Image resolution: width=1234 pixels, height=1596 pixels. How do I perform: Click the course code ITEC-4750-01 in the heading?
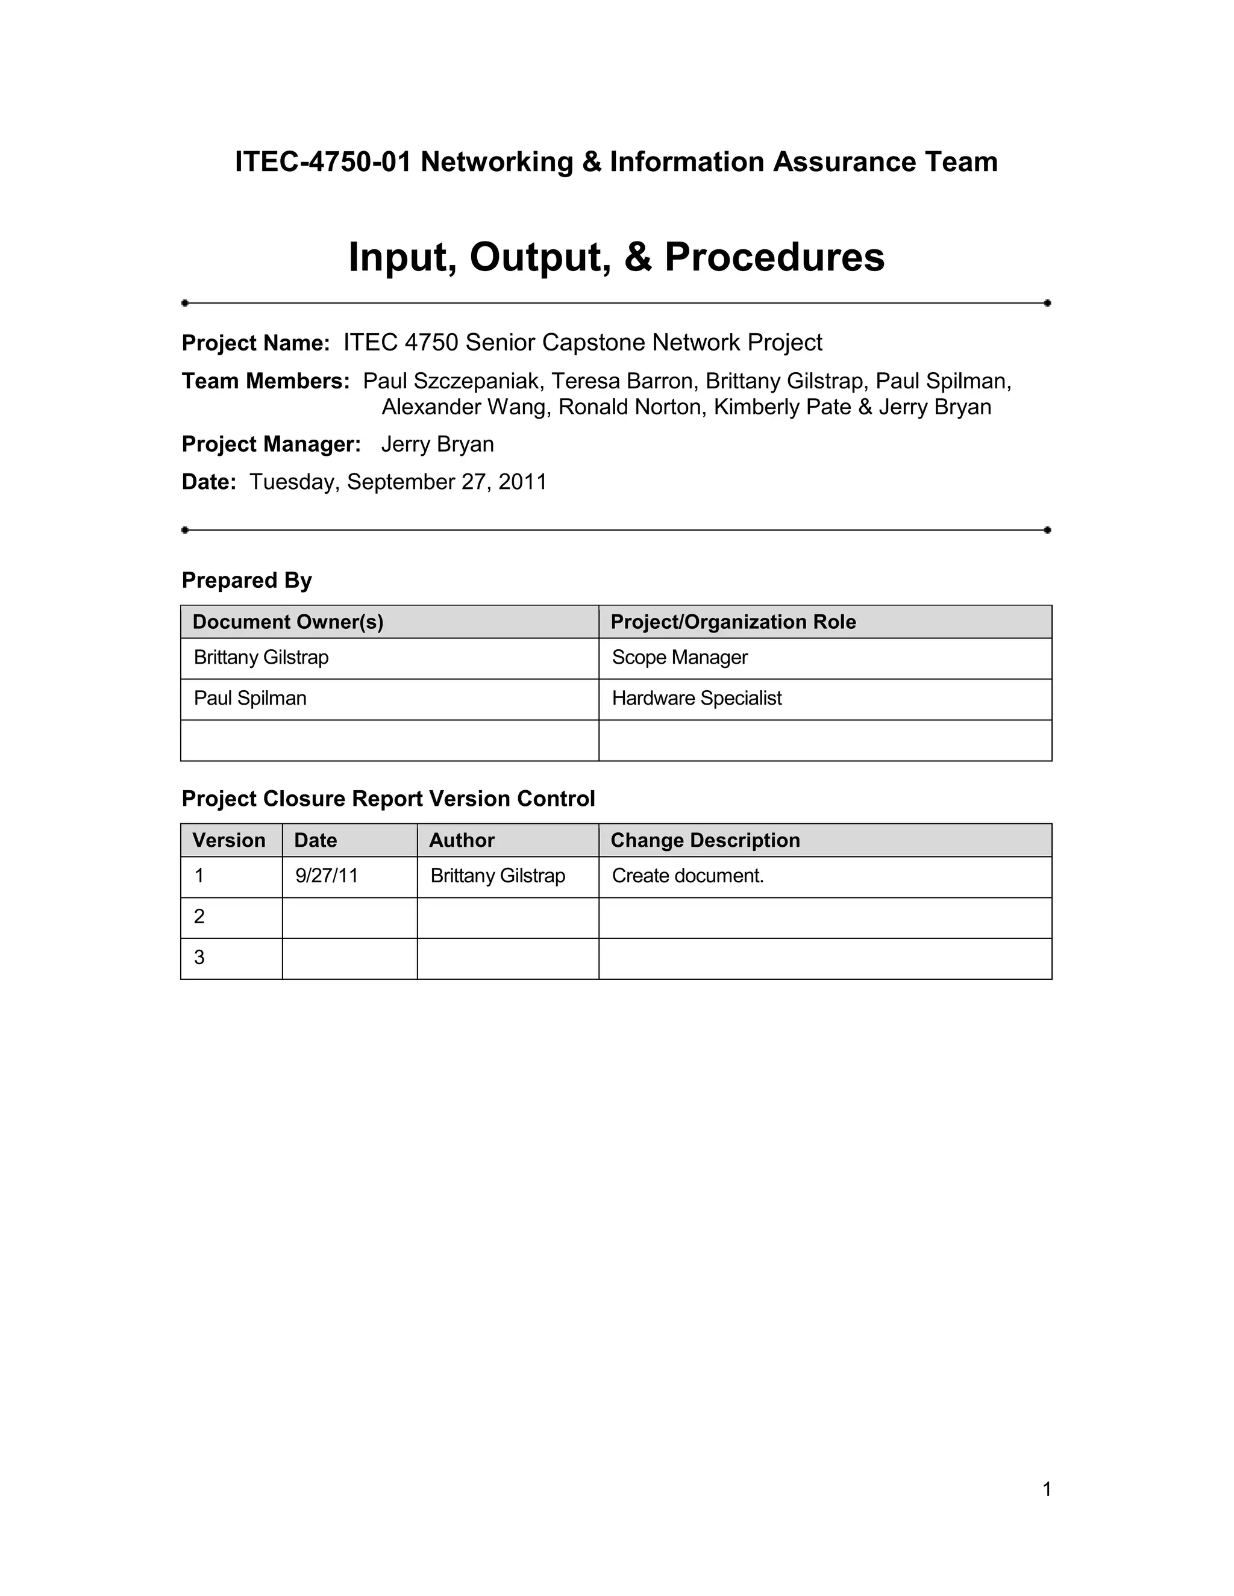click(x=322, y=161)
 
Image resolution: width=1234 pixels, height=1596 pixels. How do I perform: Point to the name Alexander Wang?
click(x=464, y=407)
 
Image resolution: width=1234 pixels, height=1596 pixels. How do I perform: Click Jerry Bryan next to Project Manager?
click(x=437, y=444)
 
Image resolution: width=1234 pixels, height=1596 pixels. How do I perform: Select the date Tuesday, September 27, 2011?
click(x=398, y=482)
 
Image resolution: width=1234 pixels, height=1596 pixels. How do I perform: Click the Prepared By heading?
click(x=246, y=580)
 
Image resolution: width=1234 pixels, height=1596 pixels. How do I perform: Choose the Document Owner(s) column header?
click(x=288, y=622)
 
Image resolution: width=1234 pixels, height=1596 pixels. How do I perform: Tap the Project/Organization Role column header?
click(x=733, y=622)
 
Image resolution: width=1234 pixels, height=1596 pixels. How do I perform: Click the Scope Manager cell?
click(x=680, y=658)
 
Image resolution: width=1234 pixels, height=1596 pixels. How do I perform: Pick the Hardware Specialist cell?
click(x=697, y=699)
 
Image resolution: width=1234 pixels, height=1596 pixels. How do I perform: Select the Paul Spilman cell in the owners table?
click(x=250, y=699)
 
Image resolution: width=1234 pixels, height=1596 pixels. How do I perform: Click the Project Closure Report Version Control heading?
click(x=388, y=799)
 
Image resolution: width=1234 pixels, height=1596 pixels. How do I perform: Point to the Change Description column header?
click(x=706, y=840)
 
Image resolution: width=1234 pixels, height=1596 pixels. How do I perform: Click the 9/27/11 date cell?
click(x=327, y=876)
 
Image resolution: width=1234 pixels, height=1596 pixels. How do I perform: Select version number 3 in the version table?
click(x=199, y=958)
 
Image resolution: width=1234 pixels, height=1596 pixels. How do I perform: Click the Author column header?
click(x=462, y=840)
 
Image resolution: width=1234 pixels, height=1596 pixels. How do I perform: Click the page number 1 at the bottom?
click(x=1047, y=1489)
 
